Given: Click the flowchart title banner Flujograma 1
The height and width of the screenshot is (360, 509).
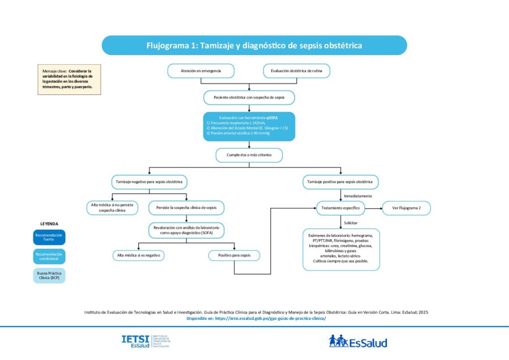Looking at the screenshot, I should coord(254,45).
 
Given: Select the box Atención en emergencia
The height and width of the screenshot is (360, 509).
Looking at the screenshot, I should coord(201,71).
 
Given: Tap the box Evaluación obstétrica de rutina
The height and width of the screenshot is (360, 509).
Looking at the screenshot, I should coord(296,71).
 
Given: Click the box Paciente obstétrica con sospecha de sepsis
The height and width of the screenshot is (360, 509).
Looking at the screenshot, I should coord(249,97).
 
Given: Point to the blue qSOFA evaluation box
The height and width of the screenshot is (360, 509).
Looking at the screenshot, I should coord(249,127).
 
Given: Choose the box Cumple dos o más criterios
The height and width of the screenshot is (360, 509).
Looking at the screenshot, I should coord(249,155).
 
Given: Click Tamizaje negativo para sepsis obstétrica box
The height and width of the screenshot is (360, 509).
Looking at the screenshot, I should coord(149,182).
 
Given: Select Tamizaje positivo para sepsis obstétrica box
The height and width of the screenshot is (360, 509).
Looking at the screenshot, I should coord(340,182).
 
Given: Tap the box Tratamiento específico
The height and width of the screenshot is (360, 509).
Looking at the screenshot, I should coord(341,208).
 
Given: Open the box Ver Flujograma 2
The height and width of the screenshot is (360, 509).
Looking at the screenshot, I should coord(406,208).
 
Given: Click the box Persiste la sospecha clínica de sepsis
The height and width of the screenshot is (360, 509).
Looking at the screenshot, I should coord(186,208).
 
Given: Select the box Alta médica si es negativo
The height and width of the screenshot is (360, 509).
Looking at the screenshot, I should coord(138,255).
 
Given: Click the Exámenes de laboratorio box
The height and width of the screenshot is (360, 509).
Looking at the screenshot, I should coord(341,249).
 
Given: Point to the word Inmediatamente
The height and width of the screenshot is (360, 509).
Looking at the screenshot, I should coord(358,196).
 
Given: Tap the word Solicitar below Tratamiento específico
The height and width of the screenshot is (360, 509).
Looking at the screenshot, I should coord(350,222).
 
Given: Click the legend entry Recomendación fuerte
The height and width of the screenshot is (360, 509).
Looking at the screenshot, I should coord(49,237).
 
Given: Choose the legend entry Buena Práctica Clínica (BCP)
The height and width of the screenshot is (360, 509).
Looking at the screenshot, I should coord(49,275).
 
